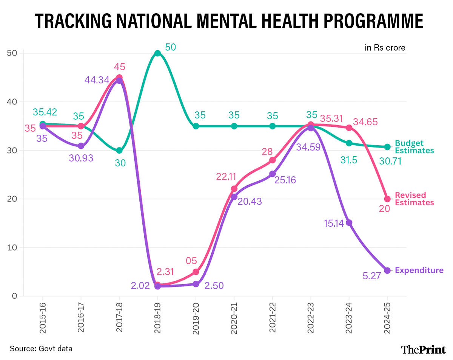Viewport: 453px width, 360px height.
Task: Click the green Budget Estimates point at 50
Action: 158,53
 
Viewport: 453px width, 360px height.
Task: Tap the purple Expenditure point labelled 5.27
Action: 387,270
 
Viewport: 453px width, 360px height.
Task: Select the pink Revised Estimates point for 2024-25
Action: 387,199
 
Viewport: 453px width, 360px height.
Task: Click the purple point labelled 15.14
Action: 349,223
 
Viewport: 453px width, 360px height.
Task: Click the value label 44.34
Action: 97,80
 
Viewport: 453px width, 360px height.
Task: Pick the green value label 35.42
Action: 45,112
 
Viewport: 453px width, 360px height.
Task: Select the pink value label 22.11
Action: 226,176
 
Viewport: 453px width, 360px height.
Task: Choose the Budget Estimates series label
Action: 414,147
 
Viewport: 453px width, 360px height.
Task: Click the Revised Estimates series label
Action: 414,199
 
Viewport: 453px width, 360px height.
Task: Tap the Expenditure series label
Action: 419,270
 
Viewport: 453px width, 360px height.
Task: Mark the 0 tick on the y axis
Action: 15,296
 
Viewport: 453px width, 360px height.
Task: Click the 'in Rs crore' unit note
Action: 385,48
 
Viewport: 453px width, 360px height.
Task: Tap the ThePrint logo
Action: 423,349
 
